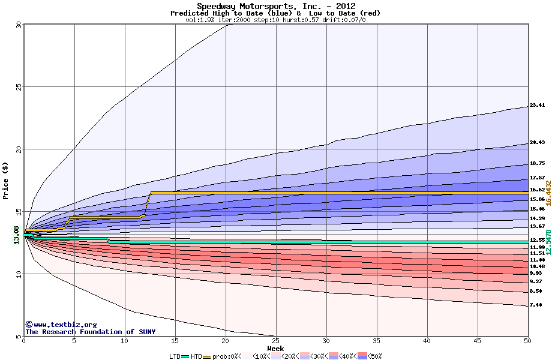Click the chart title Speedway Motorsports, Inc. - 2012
point(276,6)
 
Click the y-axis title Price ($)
point(5,181)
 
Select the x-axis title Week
point(275,349)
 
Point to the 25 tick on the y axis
point(19,87)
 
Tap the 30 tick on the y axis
point(19,25)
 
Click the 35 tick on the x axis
point(376,341)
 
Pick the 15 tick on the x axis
point(175,341)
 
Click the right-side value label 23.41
point(537,106)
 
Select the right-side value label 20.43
point(537,143)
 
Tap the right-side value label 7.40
point(536,305)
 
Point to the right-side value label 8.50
point(536,291)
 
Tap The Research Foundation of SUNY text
point(90,332)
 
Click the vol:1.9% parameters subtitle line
point(275,20)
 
